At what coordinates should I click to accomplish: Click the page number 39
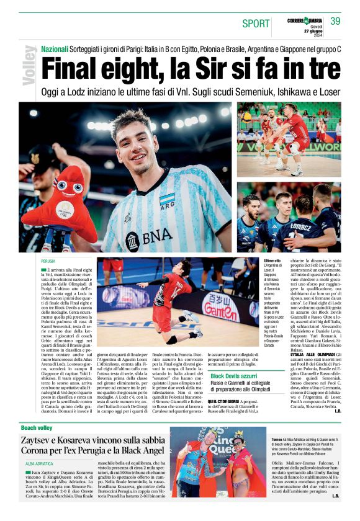click(x=335, y=20)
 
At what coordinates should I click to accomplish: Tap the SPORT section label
click(x=256, y=24)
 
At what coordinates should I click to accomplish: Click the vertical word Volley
click(x=28, y=65)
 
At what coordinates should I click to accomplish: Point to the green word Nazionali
click(x=55, y=49)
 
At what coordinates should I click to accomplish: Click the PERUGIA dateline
click(x=48, y=262)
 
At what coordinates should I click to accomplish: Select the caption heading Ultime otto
click(x=272, y=261)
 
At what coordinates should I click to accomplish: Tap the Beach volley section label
click(x=37, y=427)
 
